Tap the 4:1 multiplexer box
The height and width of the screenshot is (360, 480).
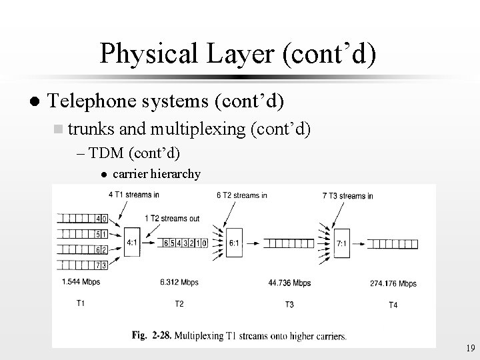(x=133, y=243)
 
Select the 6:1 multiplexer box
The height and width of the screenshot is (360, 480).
(x=234, y=243)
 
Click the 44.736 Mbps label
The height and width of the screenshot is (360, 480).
(x=289, y=283)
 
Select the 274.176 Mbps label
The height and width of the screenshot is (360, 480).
(x=393, y=283)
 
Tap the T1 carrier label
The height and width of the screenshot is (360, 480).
(x=80, y=304)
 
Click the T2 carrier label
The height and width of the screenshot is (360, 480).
(x=179, y=305)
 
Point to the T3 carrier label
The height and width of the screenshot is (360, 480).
(x=289, y=305)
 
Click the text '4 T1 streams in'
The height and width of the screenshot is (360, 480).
(x=133, y=195)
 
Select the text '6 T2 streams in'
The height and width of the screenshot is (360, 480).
(x=242, y=195)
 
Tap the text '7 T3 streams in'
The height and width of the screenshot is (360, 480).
(x=347, y=196)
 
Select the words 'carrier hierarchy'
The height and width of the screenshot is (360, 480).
(x=156, y=175)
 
